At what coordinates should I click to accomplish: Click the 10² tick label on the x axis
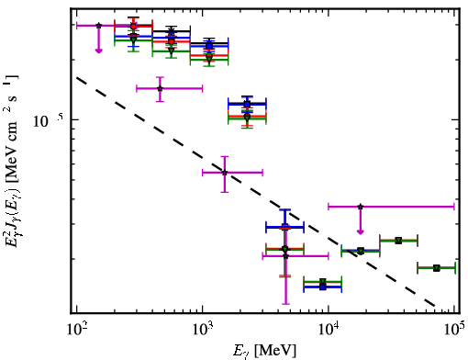pos(77,329)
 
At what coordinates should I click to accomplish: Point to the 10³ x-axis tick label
pos(203,329)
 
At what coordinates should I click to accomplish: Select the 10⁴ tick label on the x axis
pos(329,329)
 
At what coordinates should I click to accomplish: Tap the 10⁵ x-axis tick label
pos(455,329)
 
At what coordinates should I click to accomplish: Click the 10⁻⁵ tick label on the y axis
pos(48,120)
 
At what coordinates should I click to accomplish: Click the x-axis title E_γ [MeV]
pos(264,351)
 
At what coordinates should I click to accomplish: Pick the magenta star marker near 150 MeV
pos(99,26)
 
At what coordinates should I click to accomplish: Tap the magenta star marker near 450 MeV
pos(160,88)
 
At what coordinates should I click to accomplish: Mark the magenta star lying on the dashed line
pos(225,173)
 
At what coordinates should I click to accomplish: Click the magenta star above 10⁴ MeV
pos(361,207)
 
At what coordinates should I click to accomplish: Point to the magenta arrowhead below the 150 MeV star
pos(98,51)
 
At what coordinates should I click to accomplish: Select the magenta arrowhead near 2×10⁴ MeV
pos(361,231)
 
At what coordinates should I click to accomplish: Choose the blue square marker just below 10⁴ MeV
pos(323,287)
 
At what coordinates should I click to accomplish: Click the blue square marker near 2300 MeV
pos(247,104)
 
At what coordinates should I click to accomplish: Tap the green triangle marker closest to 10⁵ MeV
pos(437,268)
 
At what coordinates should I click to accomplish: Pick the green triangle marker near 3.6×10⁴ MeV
pos(398,241)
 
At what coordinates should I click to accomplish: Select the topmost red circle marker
pos(133,27)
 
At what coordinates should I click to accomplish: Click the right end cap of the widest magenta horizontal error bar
pos(454,207)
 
